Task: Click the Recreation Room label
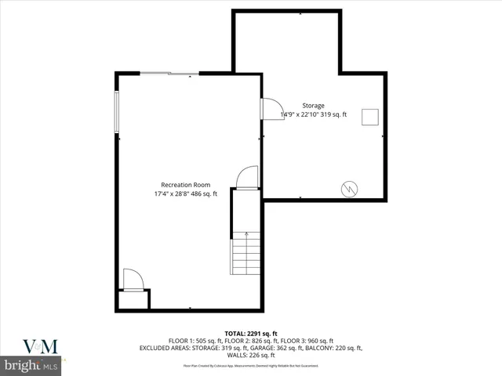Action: (x=185, y=185)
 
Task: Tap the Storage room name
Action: (x=314, y=106)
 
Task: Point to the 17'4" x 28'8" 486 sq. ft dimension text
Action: (x=185, y=194)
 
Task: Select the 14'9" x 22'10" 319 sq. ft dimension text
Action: (x=314, y=115)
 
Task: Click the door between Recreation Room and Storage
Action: (x=271, y=107)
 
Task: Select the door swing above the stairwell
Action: (x=246, y=178)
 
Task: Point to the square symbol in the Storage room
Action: (x=369, y=116)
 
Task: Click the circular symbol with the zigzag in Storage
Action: (x=348, y=188)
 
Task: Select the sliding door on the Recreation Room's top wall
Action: (x=169, y=74)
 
